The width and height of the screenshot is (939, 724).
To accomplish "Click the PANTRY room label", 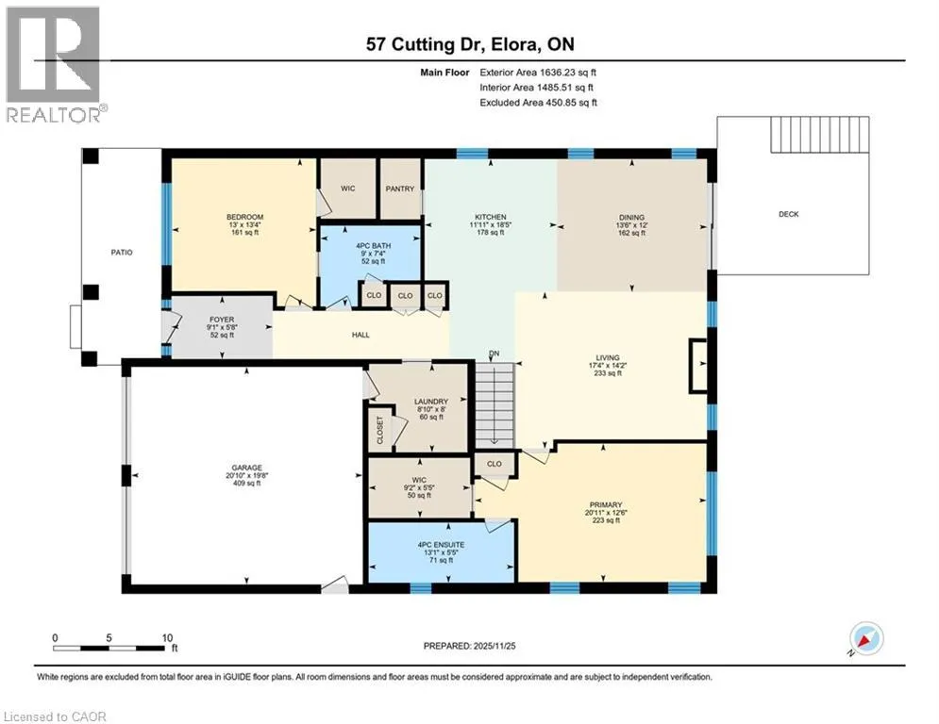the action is point(400,189).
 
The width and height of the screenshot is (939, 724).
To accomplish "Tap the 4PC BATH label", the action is point(373,246).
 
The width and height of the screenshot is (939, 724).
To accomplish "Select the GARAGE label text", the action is point(246,468).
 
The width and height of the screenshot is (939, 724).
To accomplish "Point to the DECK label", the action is point(789,214).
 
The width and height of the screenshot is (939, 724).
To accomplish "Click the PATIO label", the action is point(122,253).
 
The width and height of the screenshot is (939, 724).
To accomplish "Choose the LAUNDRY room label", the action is point(431,402).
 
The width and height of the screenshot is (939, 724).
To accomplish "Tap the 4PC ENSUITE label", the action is point(442,545).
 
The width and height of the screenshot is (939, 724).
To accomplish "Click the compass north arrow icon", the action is point(866,638).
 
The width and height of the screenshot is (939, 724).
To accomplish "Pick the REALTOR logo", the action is point(55,63).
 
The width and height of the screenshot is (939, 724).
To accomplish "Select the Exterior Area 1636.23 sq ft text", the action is point(538,73).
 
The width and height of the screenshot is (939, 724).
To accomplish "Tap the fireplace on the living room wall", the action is point(698,366).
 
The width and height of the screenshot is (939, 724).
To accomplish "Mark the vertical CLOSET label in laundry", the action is point(379,430).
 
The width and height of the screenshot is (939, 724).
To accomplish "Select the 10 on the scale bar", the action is point(167,638).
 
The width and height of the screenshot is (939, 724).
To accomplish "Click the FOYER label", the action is point(222,320).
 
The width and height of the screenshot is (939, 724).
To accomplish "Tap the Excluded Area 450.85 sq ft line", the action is point(538,103).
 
